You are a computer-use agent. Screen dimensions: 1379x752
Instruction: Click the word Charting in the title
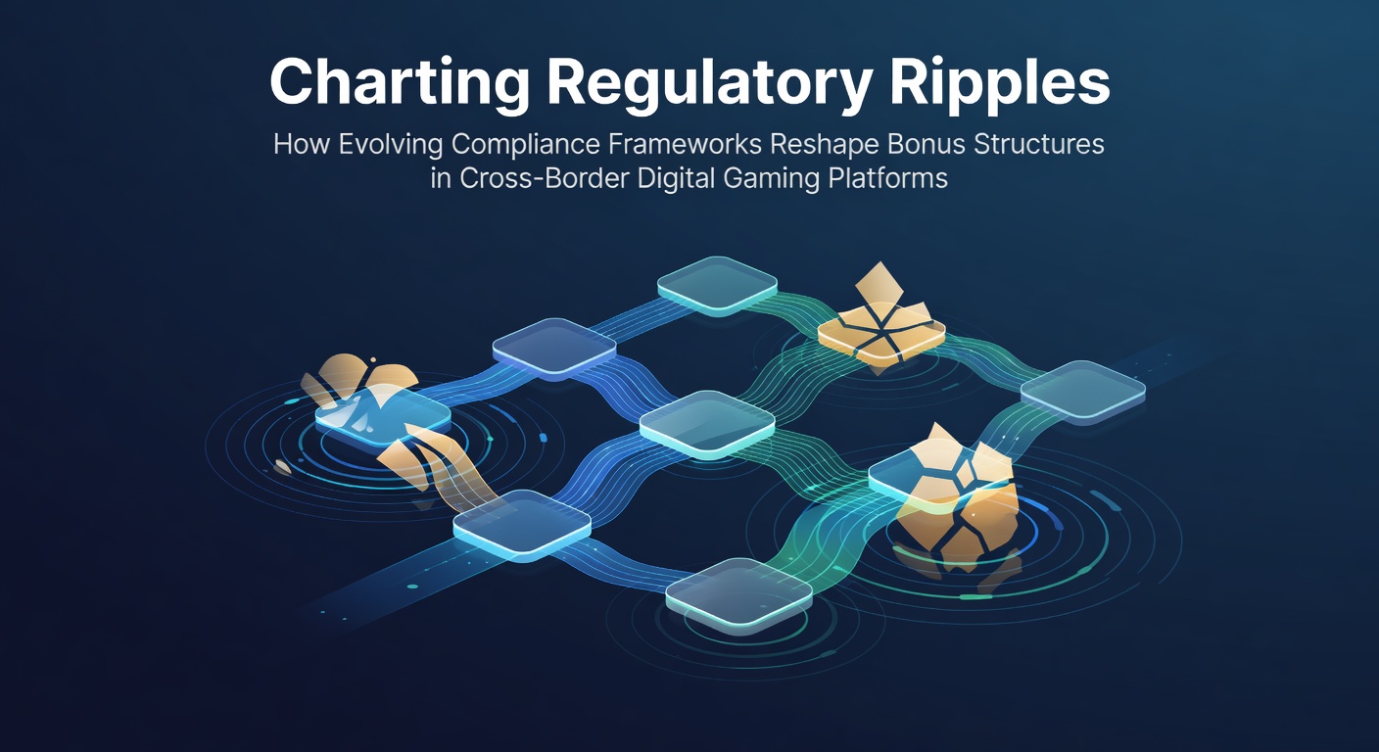400,83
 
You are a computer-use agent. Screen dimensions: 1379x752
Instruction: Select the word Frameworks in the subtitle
685,144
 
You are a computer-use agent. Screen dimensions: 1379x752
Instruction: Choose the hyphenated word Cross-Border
545,178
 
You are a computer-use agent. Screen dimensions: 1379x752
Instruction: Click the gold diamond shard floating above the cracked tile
879,283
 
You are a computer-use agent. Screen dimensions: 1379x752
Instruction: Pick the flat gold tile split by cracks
881,336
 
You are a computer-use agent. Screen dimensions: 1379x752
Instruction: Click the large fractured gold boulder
955,501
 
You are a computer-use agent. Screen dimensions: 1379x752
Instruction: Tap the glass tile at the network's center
707,423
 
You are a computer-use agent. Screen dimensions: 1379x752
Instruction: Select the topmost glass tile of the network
717,286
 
